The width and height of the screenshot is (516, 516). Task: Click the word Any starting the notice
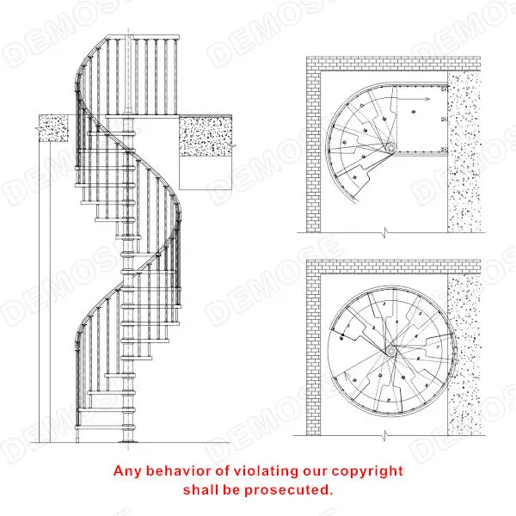129,471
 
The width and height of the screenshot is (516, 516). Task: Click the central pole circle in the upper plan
390,150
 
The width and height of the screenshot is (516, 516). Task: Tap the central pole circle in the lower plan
391,351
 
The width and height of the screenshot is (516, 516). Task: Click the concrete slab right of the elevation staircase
206,136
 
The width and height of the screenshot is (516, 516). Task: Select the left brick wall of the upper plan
313,146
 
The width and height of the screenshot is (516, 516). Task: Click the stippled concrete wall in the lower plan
465,353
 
